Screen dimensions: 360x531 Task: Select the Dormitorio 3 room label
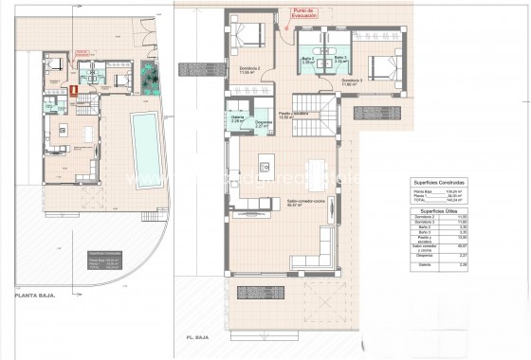tap(353, 81)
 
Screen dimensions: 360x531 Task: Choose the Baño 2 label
tap(307, 58)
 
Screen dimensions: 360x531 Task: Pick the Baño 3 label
tap(340, 58)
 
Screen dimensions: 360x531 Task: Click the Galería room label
tap(238, 118)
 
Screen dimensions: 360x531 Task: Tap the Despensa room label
tap(265, 122)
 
